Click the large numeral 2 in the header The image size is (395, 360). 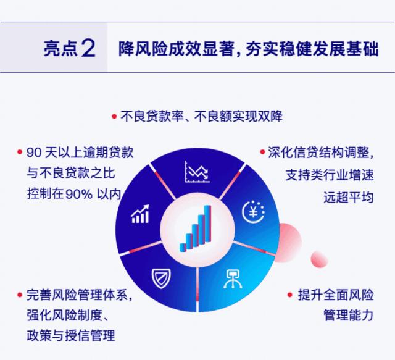(88, 49)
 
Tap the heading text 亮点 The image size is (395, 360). (60, 49)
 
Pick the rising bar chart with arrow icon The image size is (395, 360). (141, 214)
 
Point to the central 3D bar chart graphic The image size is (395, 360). (197, 228)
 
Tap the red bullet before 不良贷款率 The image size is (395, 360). (114, 116)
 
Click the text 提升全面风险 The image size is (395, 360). (335, 295)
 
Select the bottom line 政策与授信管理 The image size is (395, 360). (71, 337)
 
